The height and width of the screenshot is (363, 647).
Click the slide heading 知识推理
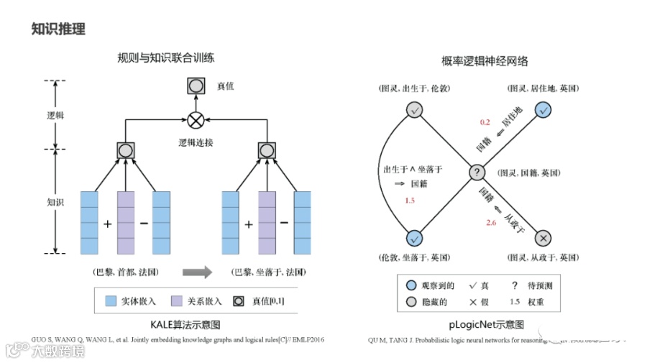click(x=59, y=29)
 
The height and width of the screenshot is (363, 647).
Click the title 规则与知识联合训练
click(x=166, y=58)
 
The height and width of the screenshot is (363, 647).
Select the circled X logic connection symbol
click(x=196, y=119)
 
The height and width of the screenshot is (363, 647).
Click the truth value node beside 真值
click(x=196, y=87)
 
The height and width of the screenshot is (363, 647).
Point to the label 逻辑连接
click(x=196, y=143)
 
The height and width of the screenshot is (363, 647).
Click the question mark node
click(x=477, y=173)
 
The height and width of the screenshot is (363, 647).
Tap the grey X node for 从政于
click(x=543, y=238)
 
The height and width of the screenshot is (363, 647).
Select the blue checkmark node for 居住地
click(x=543, y=109)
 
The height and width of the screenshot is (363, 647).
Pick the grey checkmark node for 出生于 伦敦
click(x=414, y=110)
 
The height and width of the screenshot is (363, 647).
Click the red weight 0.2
click(x=485, y=123)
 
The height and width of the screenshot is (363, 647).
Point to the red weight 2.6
click(x=491, y=224)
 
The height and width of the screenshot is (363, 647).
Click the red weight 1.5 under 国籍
click(x=410, y=201)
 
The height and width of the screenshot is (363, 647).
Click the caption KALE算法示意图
click(x=186, y=325)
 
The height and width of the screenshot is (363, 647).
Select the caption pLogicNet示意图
click(x=487, y=325)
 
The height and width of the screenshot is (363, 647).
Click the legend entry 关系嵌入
click(x=198, y=300)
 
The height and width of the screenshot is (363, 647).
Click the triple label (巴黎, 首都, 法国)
click(x=126, y=272)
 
